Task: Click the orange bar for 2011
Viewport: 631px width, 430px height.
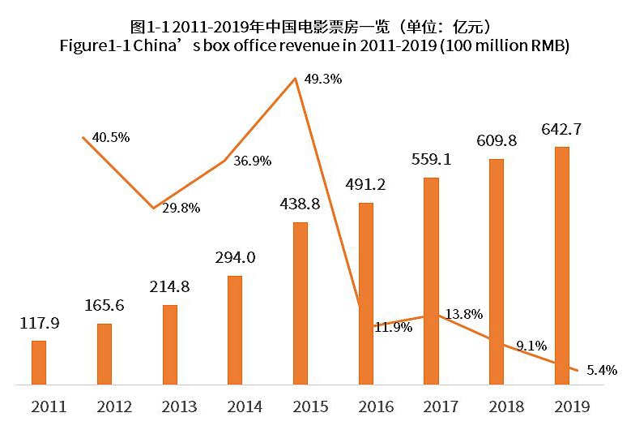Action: [39, 362]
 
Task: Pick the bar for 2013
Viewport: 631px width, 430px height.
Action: [170, 344]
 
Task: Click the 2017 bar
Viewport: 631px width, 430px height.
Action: [431, 281]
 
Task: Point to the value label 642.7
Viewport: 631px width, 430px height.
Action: [561, 129]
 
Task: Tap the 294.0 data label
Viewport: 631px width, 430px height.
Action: [235, 258]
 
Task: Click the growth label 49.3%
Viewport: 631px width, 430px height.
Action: [323, 80]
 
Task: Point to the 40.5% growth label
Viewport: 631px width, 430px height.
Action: [111, 136]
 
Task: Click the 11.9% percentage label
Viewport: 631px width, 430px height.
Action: [393, 328]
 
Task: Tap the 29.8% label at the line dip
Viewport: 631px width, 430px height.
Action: [181, 207]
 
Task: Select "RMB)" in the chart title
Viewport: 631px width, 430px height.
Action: [548, 46]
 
